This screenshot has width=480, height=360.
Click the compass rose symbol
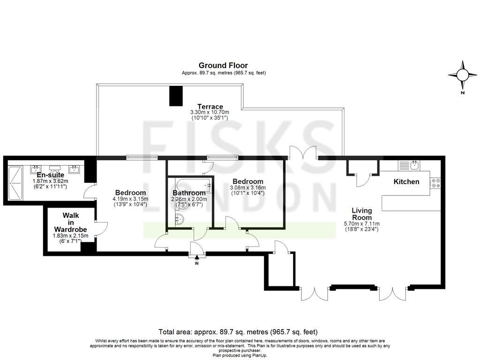[462, 75]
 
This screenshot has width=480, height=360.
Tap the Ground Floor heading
[223, 66]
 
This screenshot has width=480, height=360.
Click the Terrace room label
[210, 106]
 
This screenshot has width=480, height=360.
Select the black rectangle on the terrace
[175, 96]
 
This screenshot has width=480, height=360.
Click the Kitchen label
[406, 181]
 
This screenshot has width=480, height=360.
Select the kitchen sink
[413, 165]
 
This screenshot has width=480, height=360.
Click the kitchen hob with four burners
[435, 182]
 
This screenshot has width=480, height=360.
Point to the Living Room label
[362, 214]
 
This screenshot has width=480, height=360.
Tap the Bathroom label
[189, 193]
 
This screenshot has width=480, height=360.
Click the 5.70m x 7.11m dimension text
[361, 224]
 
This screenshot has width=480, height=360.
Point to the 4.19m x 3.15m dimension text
[130, 198]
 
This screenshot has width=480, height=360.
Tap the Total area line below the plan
[241, 332]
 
